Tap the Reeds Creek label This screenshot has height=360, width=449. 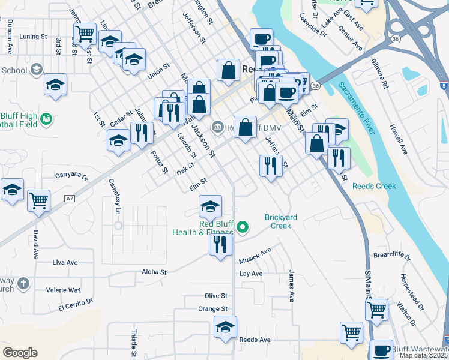pyautogui.click(x=374, y=186)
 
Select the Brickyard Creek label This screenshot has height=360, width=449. pyautogui.click(x=277, y=221)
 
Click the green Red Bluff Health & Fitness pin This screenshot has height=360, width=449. pyautogui.click(x=243, y=227)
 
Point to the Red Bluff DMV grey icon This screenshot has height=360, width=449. pyautogui.click(x=217, y=126)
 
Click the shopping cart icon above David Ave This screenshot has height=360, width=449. pyautogui.click(x=39, y=200)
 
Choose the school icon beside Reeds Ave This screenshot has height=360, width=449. pyautogui.click(x=225, y=326)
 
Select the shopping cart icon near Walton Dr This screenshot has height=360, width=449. pyautogui.click(x=376, y=310)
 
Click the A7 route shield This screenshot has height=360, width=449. pyautogui.click(x=70, y=198)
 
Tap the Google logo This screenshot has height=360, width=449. pyautogui.click(x=20, y=352)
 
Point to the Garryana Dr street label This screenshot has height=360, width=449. pyautogui.click(x=71, y=178)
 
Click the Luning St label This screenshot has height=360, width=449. pyautogui.click(x=33, y=37)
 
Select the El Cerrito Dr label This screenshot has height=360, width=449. pyautogui.click(x=76, y=305)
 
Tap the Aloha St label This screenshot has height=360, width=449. pyautogui.click(x=154, y=272)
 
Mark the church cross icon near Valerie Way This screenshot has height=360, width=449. pyautogui.click(x=23, y=283)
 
